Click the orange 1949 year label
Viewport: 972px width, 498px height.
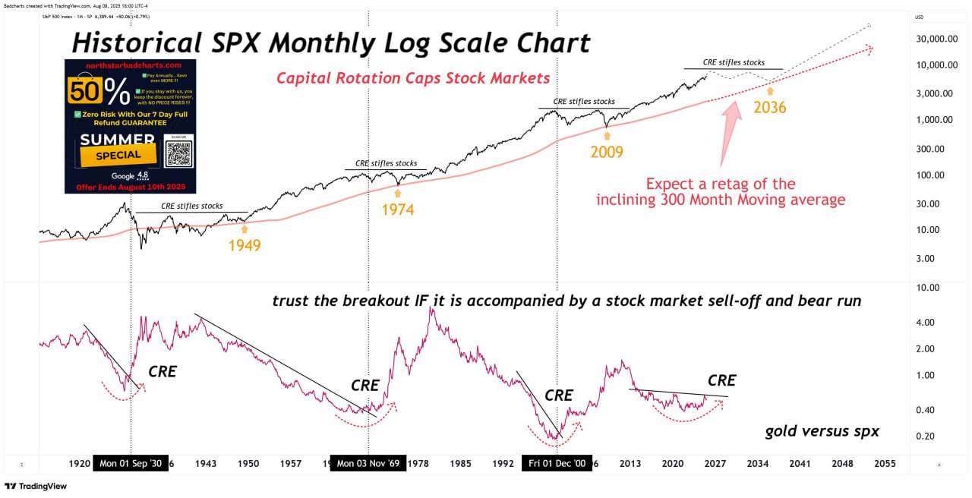(244, 245)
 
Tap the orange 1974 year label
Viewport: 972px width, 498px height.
(398, 210)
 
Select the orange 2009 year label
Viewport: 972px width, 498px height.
(607, 152)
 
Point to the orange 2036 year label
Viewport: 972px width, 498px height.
(769, 108)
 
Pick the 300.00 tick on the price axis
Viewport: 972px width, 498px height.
(930, 148)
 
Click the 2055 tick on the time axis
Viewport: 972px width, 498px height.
(885, 463)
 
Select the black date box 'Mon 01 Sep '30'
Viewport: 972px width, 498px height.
(131, 464)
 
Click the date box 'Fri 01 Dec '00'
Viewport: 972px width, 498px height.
(557, 464)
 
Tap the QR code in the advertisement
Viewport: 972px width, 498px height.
(179, 153)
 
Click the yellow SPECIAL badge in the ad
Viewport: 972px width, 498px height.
(119, 154)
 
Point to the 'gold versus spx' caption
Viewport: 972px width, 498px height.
(822, 431)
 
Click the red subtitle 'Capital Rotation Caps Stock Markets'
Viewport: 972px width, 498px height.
(413, 78)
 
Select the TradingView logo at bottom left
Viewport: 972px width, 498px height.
(35, 487)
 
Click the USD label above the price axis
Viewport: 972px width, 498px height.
(919, 17)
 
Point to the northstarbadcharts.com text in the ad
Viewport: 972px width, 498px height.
(130, 67)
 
